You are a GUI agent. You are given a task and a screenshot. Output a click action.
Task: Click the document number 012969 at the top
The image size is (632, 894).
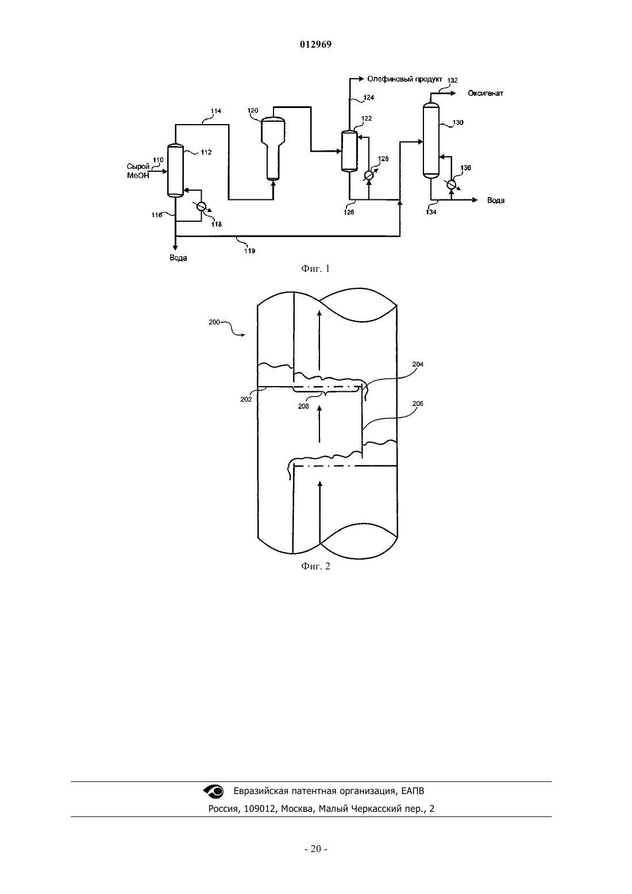coord(315,45)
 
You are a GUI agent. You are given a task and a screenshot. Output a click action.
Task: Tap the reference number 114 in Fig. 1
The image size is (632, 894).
coord(216,111)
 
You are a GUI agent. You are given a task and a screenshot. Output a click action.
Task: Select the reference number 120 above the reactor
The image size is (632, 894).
coord(253,110)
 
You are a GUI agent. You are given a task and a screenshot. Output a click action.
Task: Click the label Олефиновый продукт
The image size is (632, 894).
coord(404,79)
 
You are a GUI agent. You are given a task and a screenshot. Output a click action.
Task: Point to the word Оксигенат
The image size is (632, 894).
coord(485,94)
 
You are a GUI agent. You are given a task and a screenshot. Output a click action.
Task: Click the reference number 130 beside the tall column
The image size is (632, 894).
coord(458,122)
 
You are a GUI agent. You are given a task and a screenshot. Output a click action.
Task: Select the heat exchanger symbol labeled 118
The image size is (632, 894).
coord(201,206)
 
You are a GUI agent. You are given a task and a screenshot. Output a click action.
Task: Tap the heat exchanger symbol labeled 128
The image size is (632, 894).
coord(369,175)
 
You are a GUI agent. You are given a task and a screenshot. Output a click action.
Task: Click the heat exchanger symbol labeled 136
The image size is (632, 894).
coord(451,184)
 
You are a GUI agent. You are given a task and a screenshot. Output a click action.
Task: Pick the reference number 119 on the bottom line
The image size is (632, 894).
coord(250,251)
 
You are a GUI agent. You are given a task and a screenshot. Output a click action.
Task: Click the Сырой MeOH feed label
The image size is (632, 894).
coord(138,171)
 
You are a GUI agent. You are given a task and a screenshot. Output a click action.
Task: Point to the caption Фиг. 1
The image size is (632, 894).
coord(315,268)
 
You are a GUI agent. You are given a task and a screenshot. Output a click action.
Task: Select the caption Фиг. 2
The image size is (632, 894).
coord(315,567)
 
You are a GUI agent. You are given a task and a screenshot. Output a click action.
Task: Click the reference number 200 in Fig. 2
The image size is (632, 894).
coord(214,322)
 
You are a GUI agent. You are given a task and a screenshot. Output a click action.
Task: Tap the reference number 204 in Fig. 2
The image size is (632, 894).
coord(418,364)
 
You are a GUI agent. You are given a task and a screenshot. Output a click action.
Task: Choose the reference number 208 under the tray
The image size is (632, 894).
coord(303,407)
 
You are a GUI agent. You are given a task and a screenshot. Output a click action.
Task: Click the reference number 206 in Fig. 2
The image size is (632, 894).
coord(418,404)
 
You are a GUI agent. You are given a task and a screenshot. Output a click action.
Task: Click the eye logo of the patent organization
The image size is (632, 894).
coord(214,792)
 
